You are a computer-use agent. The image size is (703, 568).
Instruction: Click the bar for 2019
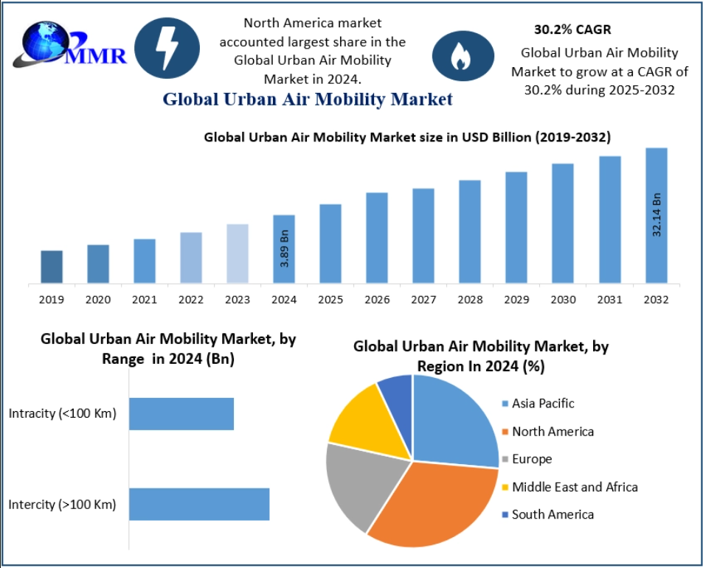(x=52, y=267)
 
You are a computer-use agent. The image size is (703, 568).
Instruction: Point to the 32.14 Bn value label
(x=657, y=214)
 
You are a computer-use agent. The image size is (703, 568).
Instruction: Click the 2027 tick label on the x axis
(x=423, y=300)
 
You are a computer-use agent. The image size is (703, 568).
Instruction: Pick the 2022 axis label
(x=191, y=300)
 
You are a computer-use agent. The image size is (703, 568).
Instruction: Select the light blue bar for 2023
(x=238, y=253)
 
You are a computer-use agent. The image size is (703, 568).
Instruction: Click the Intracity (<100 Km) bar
(x=181, y=413)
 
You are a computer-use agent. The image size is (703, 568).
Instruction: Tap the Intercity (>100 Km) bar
(x=199, y=504)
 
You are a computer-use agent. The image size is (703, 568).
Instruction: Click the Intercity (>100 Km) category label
(x=63, y=505)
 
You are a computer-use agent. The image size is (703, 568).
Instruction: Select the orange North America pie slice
(x=435, y=501)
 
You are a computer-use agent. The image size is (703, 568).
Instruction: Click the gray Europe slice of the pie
(x=358, y=483)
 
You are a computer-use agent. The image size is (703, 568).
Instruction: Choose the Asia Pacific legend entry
(x=542, y=404)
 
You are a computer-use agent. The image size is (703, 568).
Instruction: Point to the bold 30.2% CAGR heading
(x=572, y=30)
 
